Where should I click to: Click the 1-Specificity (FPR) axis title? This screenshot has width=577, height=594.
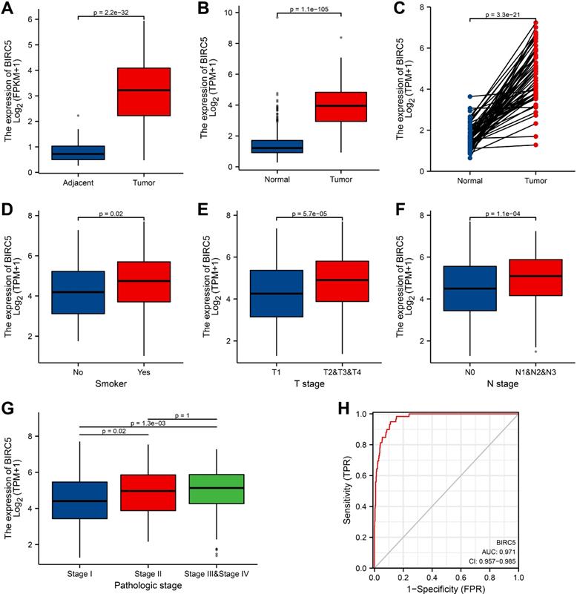click(x=445, y=585)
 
